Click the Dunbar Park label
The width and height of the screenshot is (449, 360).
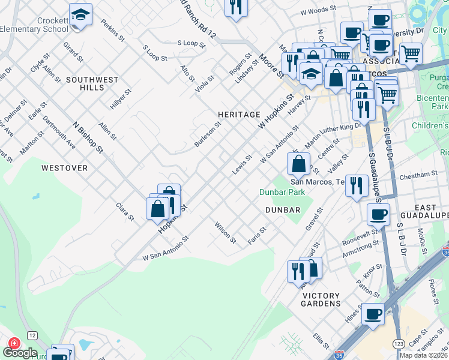pos(282,193)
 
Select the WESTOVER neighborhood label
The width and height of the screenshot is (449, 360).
pos(64,168)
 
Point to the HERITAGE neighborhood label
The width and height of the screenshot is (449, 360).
pos(239,114)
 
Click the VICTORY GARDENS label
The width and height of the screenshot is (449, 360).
pos(321,299)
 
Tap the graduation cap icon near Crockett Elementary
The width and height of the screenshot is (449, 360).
pos(80,14)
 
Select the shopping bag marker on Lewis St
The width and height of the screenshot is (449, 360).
pos(298,163)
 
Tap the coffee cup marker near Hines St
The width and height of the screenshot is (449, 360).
pos(373,313)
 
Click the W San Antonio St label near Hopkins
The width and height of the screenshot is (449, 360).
pos(166,248)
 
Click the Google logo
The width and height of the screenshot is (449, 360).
pos(20,353)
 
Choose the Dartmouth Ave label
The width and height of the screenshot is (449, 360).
pos(61,136)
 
